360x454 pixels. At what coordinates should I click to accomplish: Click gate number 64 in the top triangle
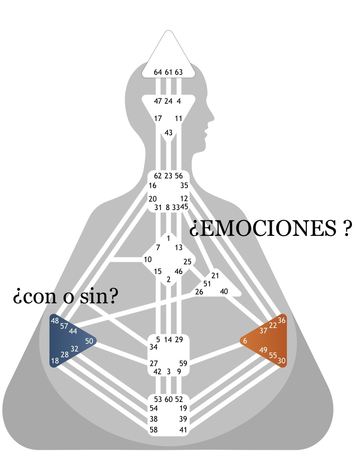[158, 72]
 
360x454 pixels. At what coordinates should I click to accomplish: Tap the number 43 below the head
[168, 133]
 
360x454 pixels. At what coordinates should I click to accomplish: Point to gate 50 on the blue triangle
[89, 341]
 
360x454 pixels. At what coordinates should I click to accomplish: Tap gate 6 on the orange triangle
[245, 341]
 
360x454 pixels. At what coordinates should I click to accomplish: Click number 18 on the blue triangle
[55, 361]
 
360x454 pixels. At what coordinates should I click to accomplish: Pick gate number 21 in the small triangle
[215, 275]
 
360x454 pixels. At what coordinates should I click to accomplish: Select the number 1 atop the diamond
[168, 238]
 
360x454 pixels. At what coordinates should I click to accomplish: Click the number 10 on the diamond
[147, 259]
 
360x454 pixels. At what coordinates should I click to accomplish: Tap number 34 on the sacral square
[153, 347]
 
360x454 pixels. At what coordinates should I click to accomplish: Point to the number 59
[183, 363]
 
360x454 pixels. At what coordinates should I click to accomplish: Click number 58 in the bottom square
[153, 430]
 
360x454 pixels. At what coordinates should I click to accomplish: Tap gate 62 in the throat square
[158, 176]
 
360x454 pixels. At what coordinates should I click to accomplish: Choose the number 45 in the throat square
[184, 207]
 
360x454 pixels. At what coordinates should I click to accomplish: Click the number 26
[199, 292]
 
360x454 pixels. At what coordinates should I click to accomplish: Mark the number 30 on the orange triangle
[282, 361]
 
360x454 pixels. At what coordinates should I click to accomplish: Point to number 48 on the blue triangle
[55, 321]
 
